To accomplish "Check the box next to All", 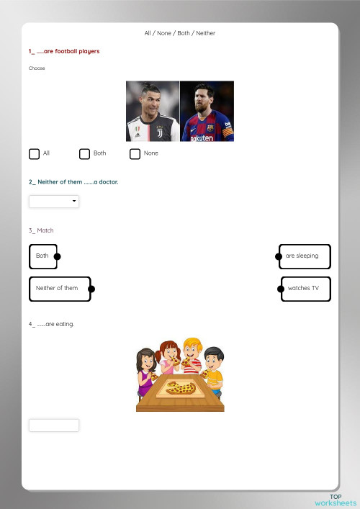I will [x=34, y=153].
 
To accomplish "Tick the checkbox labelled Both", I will [x=84, y=153].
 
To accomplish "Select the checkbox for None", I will [x=135, y=153].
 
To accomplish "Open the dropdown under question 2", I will [x=54, y=202].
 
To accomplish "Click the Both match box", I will [x=42, y=256].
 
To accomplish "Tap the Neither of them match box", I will [x=60, y=289].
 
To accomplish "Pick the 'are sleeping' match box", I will [x=305, y=256].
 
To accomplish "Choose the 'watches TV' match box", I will [x=305, y=289].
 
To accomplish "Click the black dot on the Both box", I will [x=57, y=256].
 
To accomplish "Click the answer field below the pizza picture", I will [x=54, y=425].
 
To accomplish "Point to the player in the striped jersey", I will [x=153, y=112].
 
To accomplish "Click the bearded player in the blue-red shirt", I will [x=207, y=112].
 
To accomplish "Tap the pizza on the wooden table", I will [x=181, y=389].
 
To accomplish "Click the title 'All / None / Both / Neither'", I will [x=180, y=33].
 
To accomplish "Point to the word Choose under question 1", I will [x=37, y=68].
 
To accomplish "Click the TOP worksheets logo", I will [x=336, y=500].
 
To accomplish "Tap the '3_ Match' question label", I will [x=41, y=230].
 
